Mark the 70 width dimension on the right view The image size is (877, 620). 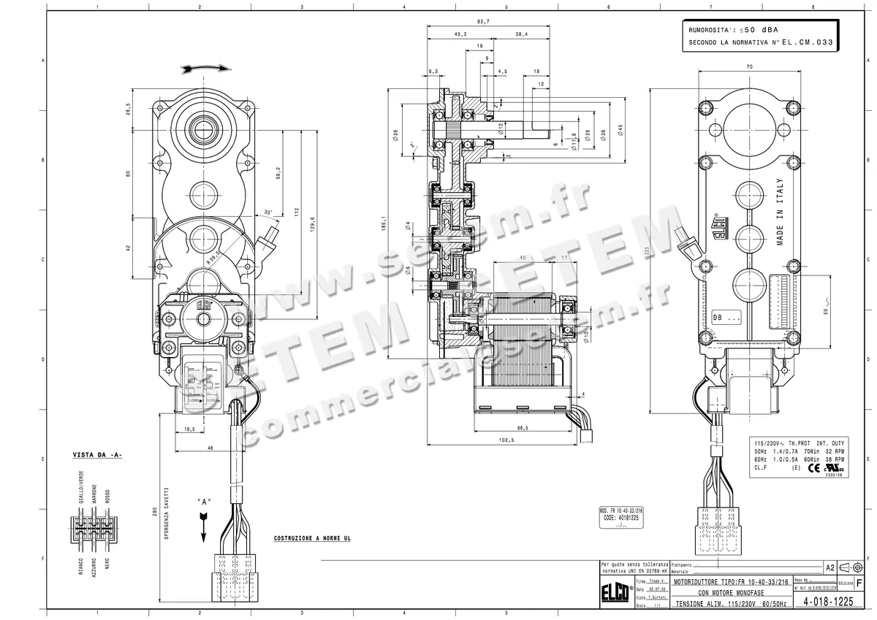[x=749, y=67]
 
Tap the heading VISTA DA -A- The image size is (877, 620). [x=97, y=455]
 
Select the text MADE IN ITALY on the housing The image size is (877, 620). [x=780, y=211]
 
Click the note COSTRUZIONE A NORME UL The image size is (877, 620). [x=312, y=538]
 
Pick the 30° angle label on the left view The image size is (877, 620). [x=269, y=213]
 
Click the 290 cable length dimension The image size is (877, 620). [x=154, y=513]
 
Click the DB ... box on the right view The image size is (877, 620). [x=726, y=318]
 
